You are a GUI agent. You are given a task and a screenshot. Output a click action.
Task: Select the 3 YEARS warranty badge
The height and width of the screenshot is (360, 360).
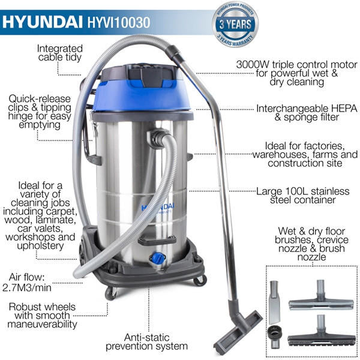click(236, 23)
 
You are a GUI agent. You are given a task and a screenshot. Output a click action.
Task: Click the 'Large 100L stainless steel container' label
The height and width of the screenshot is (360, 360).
click(301, 196)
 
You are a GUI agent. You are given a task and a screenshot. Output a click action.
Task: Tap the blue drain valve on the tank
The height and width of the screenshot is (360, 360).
click(157, 259)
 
